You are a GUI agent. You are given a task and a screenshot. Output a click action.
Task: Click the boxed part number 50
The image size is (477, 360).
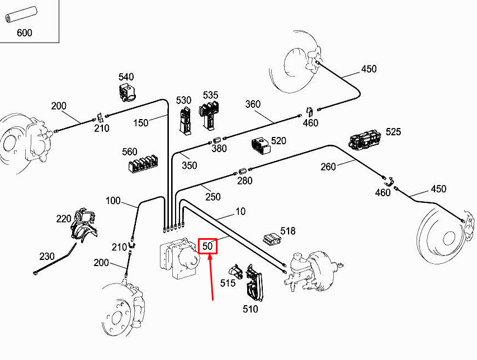click(x=208, y=246)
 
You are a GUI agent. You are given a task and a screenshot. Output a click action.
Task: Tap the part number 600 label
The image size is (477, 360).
click(x=24, y=33)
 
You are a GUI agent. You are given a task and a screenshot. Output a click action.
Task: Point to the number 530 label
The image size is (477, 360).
click(x=183, y=100)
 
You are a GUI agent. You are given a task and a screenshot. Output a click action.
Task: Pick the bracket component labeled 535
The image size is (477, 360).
click(x=210, y=114)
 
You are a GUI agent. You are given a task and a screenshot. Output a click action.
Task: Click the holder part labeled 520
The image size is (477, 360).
click(x=260, y=145)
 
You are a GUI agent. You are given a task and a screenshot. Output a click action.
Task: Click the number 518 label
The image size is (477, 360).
click(x=288, y=231)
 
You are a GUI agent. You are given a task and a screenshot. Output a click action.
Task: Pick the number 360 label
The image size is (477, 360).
click(x=253, y=104)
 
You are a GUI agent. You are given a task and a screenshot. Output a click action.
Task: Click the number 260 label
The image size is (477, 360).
click(x=328, y=167)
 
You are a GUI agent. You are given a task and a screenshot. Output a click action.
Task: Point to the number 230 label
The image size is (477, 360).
click(x=47, y=257)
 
